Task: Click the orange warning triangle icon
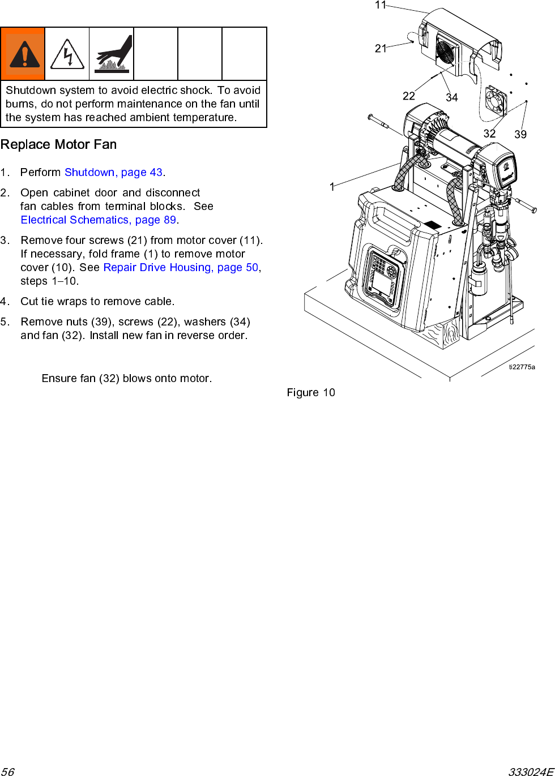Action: pyautogui.click(x=23, y=54)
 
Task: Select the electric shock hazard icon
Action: pyautogui.click(x=67, y=54)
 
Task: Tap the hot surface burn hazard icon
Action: pyautogui.click(x=112, y=54)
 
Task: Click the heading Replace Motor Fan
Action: pyautogui.click(x=58, y=144)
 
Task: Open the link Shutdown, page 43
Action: pyautogui.click(x=113, y=172)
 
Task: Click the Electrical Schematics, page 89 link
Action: pyautogui.click(x=99, y=220)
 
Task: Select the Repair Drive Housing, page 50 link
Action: pyautogui.click(x=181, y=267)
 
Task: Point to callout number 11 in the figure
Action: pyautogui.click(x=381, y=5)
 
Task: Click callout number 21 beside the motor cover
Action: pyautogui.click(x=381, y=49)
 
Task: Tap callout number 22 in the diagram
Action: pyautogui.click(x=409, y=96)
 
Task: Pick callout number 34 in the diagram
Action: pyautogui.click(x=452, y=97)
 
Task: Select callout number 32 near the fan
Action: pyautogui.click(x=490, y=134)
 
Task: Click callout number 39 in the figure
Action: pyautogui.click(x=520, y=134)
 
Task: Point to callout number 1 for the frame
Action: pyautogui.click(x=332, y=186)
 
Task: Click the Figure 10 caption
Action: pyautogui.click(x=311, y=392)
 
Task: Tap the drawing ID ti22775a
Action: pyautogui.click(x=522, y=367)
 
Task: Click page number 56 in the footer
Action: pyautogui.click(x=7, y=771)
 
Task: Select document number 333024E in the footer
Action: pyautogui.click(x=530, y=771)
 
